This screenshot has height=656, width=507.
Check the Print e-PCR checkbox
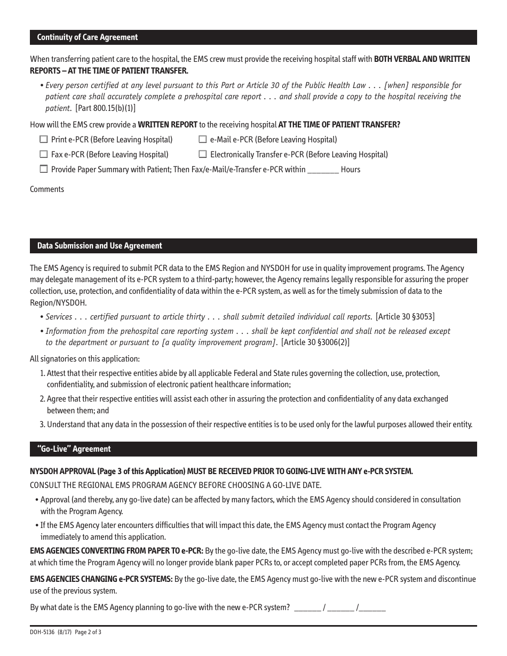click(44, 140)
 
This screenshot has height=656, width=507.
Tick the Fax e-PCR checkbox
click(44, 155)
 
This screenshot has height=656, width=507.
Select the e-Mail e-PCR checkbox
click(203, 140)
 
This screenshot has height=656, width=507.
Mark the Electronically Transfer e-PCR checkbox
click(203, 155)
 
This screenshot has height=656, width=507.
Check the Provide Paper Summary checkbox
click(44, 170)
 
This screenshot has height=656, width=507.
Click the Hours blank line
click(323, 171)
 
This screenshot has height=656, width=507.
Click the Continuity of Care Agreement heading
click(88, 37)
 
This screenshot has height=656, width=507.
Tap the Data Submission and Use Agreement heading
click(100, 246)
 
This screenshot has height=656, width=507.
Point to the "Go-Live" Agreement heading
click(74, 449)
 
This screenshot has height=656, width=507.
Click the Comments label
click(47, 189)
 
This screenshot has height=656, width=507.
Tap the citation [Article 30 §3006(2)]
click(315, 342)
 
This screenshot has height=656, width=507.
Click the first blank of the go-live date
click(307, 607)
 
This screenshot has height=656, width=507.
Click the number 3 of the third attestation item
click(43, 425)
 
